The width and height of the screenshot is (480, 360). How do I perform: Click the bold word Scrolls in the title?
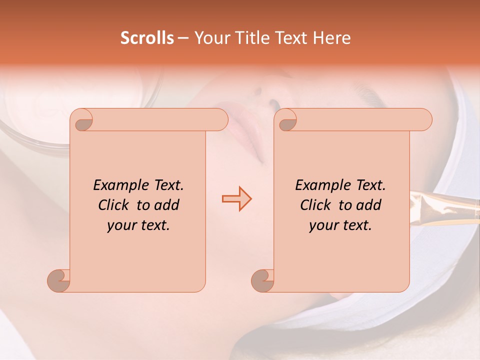pyautogui.click(x=147, y=38)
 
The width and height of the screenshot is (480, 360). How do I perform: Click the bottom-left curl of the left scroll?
pyautogui.click(x=59, y=280)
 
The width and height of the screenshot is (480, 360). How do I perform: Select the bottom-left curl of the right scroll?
pyautogui.click(x=262, y=280)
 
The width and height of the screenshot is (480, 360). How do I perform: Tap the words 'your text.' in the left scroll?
pyautogui.click(x=138, y=225)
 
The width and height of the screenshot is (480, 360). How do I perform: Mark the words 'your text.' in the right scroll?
pyautogui.click(x=340, y=225)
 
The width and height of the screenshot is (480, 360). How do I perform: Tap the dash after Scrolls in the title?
pyautogui.click(x=183, y=38)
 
